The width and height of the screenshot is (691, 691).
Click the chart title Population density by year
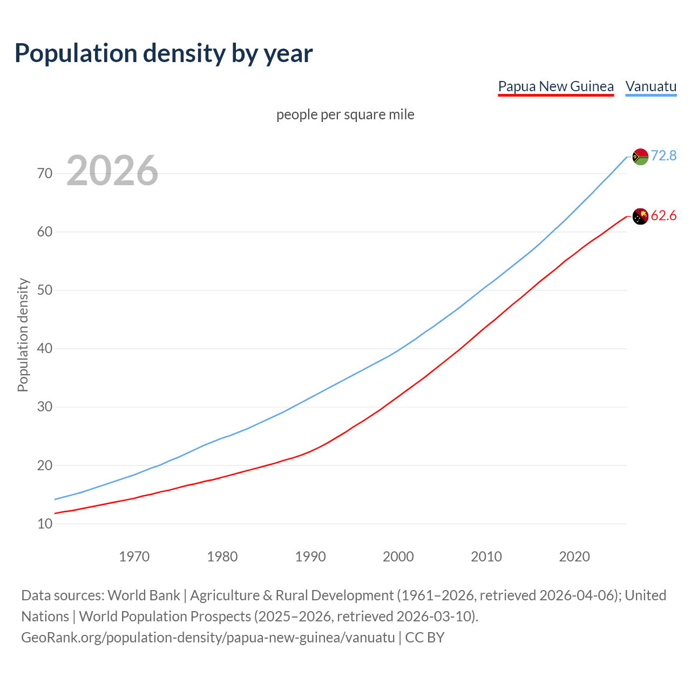(164, 53)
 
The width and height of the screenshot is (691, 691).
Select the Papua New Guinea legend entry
(555, 86)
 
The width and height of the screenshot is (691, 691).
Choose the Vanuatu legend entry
(651, 86)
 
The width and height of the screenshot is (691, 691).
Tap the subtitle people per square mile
(345, 114)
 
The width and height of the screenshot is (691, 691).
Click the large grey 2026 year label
(112, 171)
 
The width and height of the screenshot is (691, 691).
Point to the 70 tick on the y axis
(45, 173)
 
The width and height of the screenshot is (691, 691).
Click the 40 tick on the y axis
(45, 349)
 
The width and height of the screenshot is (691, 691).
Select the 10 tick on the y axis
(45, 524)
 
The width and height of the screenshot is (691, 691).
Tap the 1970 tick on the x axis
(134, 557)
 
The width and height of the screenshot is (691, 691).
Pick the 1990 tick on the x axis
(310, 557)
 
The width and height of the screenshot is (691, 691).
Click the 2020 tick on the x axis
(574, 557)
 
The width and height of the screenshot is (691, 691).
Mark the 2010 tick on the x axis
(486, 557)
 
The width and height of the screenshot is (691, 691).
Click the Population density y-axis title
(23, 335)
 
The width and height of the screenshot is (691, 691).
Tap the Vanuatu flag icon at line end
(640, 157)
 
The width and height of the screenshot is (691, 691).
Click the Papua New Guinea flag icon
(640, 216)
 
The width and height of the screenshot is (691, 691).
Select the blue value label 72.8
(663, 155)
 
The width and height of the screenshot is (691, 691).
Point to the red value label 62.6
(663, 216)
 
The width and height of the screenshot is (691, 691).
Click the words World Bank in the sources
(144, 595)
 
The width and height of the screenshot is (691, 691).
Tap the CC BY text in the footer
(425, 638)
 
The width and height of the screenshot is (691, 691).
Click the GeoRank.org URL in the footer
(208, 638)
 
